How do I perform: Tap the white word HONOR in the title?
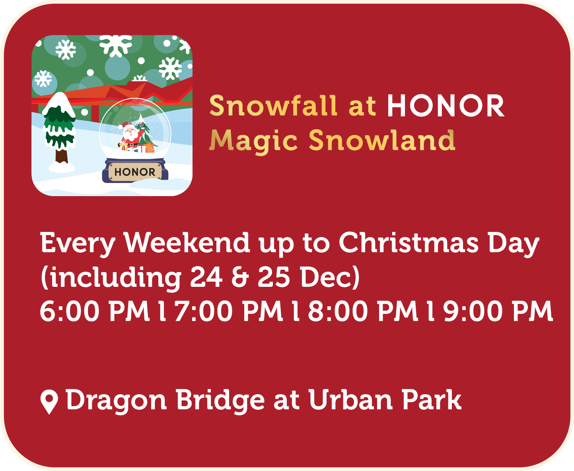(446, 106)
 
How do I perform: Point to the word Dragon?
(116, 401)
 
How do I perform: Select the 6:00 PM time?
(95, 311)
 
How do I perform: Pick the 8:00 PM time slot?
(363, 311)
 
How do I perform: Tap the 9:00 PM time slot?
(498, 311)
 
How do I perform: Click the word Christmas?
(409, 243)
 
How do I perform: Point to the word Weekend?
(187, 243)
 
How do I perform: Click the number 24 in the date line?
(206, 277)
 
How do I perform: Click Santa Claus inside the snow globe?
(130, 136)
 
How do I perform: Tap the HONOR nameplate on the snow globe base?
(135, 172)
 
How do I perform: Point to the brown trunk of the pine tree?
(62, 156)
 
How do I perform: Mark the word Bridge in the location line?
(220, 401)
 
